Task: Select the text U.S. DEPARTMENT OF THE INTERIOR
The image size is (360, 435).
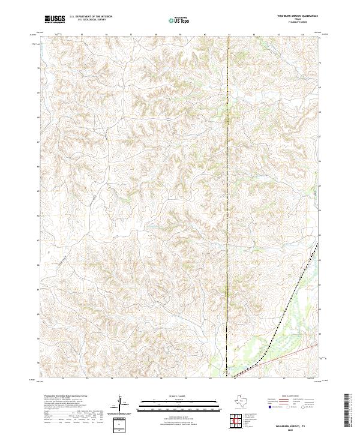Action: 91,17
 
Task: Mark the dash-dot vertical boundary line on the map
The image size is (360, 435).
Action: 228,180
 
